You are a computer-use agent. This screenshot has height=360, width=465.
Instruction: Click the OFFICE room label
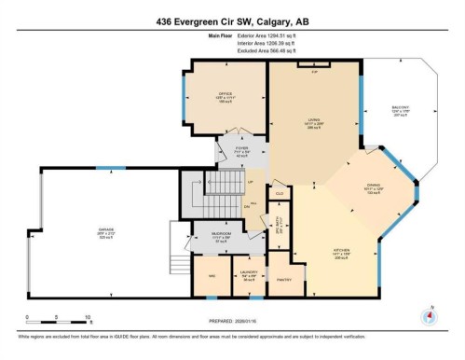tap(225, 95)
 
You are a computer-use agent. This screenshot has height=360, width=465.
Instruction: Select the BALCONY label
tap(399, 108)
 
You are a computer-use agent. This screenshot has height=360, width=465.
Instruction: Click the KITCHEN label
tap(344, 251)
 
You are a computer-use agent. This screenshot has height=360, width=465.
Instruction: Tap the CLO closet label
tap(279, 193)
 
